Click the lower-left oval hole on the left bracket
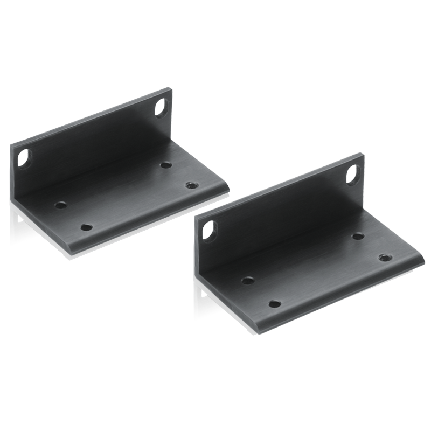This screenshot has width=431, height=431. coord(24,159)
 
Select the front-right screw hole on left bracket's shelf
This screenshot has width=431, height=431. coord(190,185)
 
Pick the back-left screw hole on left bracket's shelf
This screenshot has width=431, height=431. coord(60,205)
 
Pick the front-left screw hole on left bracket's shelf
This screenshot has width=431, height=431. coord(85,227)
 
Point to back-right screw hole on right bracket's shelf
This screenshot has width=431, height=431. coord(357,235)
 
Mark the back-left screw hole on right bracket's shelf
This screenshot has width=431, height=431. coord(248,280)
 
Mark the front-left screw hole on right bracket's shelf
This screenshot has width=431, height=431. coord(275,304)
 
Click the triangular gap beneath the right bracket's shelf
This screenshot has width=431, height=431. coord(204,295)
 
